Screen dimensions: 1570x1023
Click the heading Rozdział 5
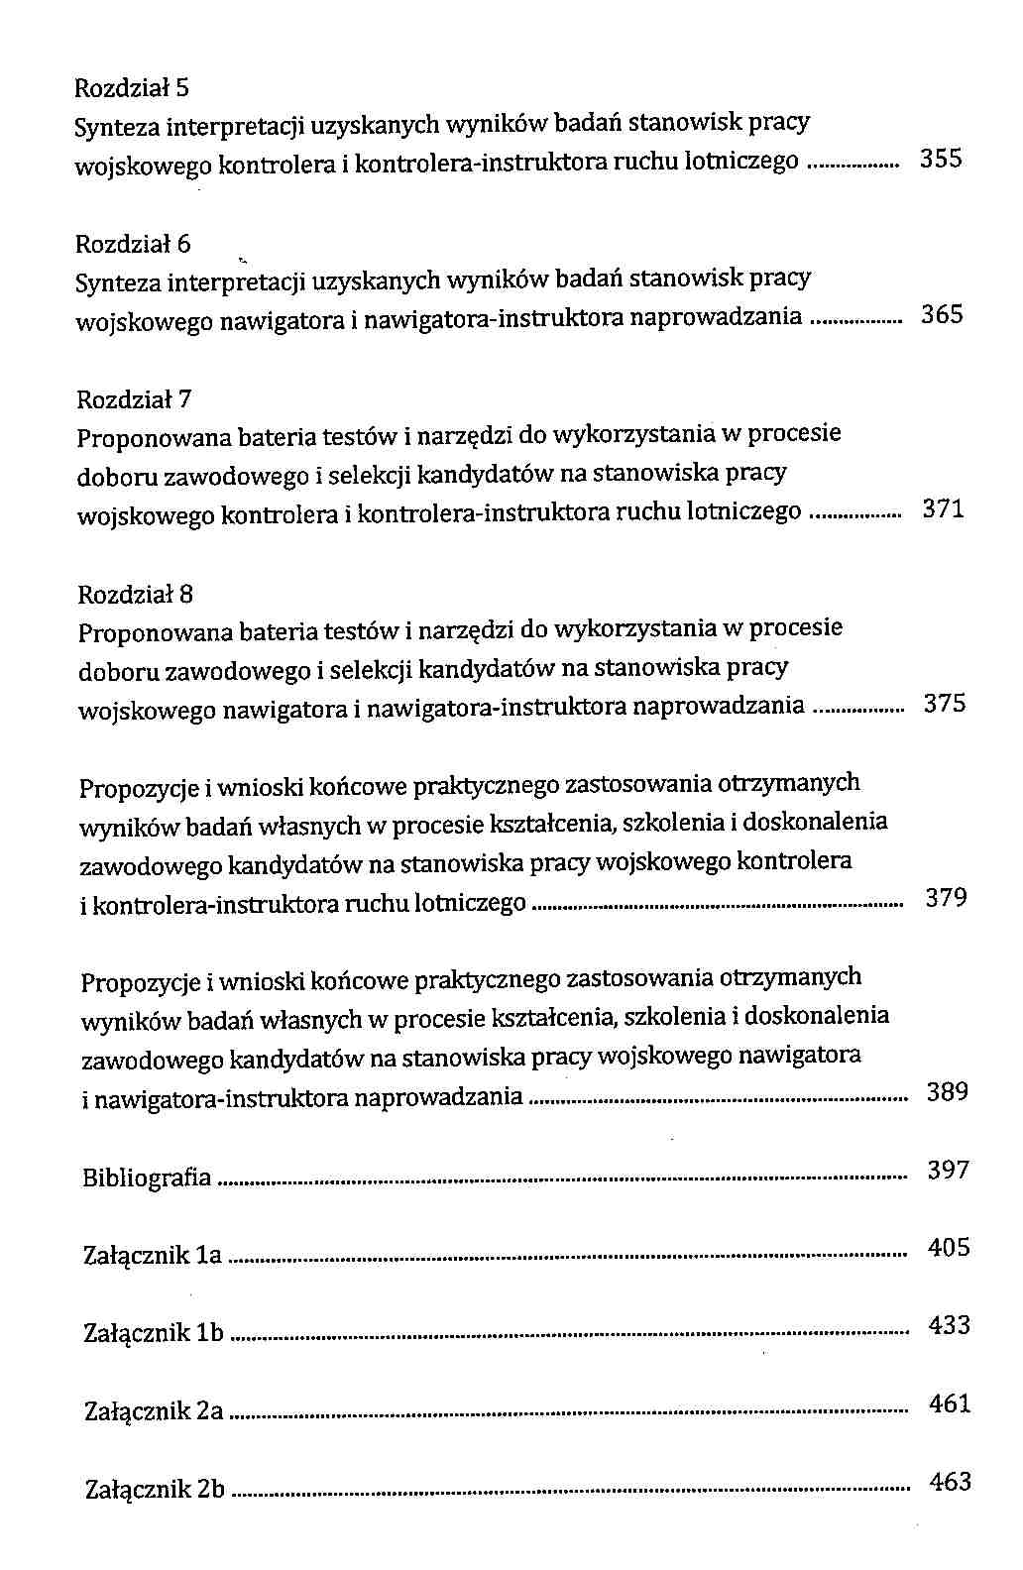132,88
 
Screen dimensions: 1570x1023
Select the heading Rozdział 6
133,244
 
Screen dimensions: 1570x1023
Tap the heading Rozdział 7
134,399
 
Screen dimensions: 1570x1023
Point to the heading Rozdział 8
135,595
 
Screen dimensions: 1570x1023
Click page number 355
941,159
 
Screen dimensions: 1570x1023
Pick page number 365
942,314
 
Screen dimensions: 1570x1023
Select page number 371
943,509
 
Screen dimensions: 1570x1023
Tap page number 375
944,704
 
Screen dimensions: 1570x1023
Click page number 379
946,898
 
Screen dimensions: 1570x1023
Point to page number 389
947,1092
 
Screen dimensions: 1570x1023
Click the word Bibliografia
147,1177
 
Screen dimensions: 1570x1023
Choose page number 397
948,1170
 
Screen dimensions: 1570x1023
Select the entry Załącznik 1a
153,1256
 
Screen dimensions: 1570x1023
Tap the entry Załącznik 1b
154,1333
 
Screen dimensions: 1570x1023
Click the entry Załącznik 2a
154,1410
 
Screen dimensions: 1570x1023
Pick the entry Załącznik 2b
156,1489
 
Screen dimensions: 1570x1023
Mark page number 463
950,1482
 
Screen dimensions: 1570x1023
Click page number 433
949,1325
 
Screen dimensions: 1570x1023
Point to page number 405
949,1247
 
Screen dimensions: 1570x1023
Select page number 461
950,1403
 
